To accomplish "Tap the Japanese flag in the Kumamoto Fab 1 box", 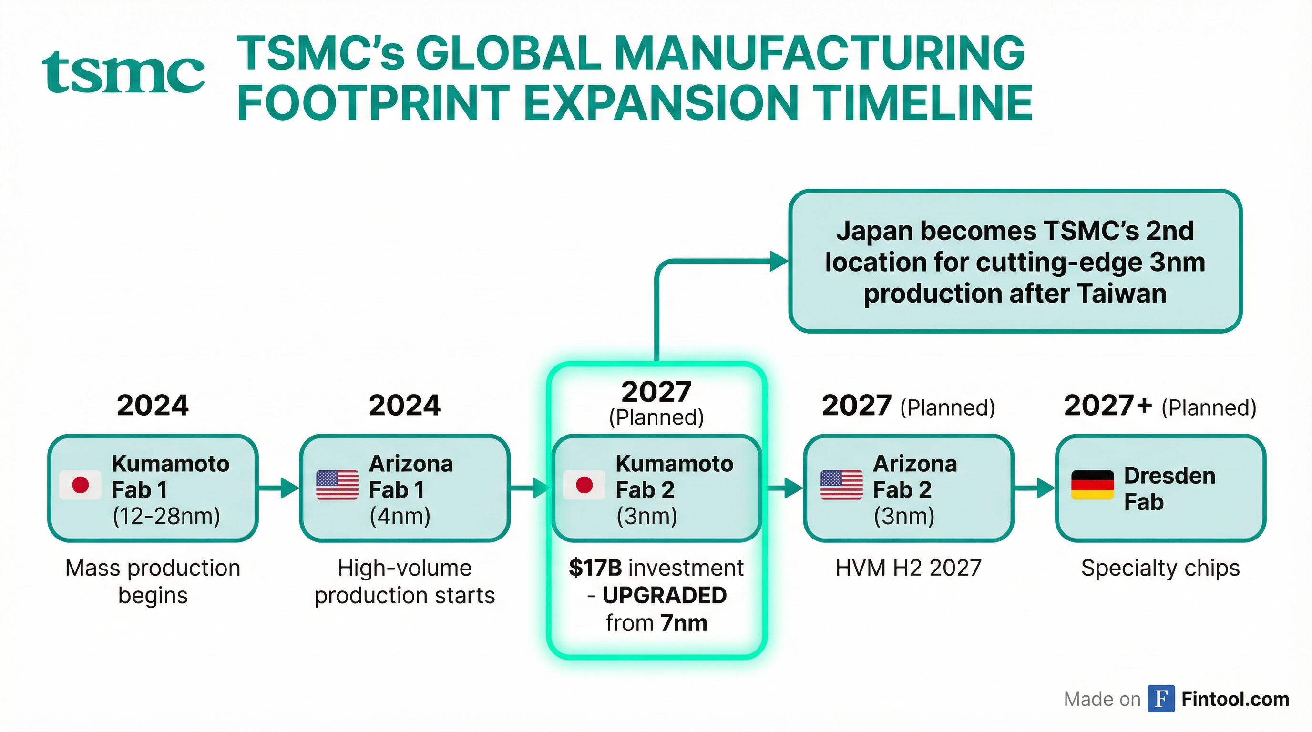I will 81,485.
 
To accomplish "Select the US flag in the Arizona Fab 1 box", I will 337,485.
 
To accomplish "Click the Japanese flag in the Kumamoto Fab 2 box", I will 584,485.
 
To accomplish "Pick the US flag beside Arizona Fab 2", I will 841,485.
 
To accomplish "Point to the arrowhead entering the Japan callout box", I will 778,262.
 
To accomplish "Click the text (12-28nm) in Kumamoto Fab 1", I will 166,516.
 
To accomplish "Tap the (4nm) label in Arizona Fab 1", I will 400,516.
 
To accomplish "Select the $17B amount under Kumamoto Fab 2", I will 595,568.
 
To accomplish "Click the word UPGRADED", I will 664,595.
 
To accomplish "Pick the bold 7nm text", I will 684,623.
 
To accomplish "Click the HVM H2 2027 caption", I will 908,568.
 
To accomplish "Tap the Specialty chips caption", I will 1160,568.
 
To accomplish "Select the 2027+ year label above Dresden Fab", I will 1108,406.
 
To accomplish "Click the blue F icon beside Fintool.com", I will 1161,699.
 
